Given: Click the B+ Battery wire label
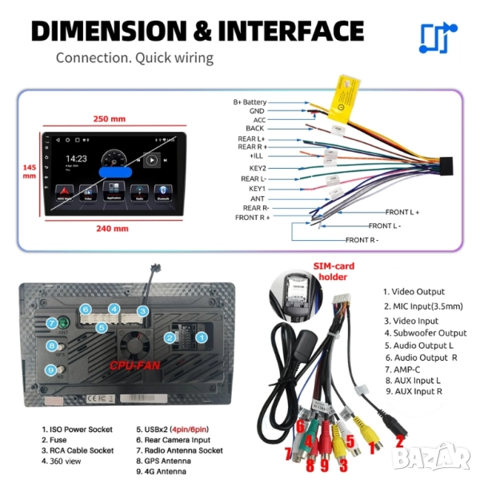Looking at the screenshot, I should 250,102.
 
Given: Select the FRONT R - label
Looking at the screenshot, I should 362,239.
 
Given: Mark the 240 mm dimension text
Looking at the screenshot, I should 111,228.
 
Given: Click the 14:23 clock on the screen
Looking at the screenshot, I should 76,159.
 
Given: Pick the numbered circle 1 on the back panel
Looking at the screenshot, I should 202,338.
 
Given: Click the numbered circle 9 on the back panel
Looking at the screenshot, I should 50,370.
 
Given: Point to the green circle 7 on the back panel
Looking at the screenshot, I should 50,323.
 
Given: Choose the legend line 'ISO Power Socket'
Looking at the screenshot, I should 77,430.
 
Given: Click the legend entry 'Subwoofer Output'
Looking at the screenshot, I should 424,333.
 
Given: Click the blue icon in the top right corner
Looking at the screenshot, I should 438,38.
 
